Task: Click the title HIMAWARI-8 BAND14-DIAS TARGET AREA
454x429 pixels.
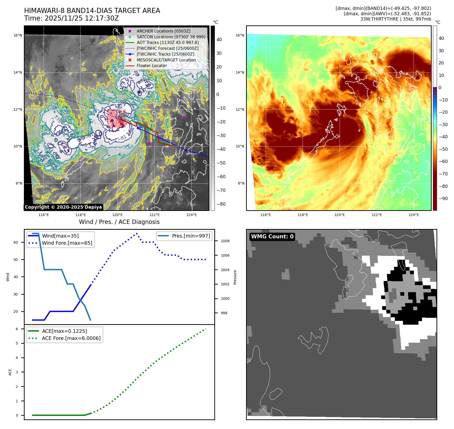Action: (92, 11)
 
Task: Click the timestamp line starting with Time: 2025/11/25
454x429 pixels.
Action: (71, 18)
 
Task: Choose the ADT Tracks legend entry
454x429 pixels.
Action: (168, 43)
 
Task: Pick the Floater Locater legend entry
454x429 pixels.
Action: (152, 66)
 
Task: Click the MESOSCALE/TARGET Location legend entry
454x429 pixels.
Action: (166, 60)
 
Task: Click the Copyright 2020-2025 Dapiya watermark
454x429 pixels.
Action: (63, 207)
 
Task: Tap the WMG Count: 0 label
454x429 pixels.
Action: (272, 237)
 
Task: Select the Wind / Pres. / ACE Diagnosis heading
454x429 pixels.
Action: (119, 222)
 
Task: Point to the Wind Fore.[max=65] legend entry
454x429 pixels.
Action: (67, 243)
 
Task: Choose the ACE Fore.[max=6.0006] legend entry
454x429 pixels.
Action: (71, 338)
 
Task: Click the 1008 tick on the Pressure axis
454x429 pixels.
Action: (225, 241)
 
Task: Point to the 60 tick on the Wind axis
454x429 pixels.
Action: (16, 242)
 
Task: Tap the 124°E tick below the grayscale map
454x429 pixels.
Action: (191, 215)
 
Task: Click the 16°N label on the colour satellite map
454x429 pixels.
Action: (240, 35)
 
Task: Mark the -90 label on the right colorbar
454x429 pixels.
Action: (443, 199)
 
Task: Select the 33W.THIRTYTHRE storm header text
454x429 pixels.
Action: (395, 19)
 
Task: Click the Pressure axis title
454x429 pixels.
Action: (235, 277)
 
